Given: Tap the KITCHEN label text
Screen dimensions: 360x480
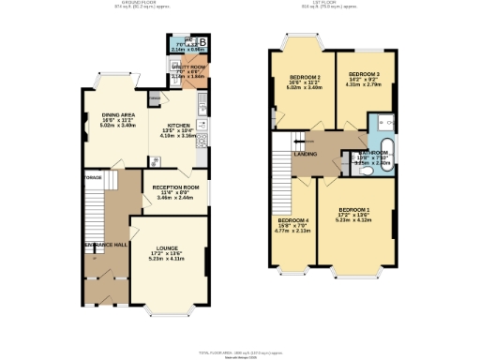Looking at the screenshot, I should coord(180,125).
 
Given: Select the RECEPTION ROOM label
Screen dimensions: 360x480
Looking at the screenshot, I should coord(174,187).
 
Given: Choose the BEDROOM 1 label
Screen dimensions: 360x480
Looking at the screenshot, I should coord(354,209).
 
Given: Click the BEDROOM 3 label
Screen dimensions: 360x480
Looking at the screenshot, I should coord(364,73).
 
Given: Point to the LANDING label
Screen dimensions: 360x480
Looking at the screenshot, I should coord(305,154).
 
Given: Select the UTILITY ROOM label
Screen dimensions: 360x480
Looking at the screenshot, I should coord(189,68).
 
